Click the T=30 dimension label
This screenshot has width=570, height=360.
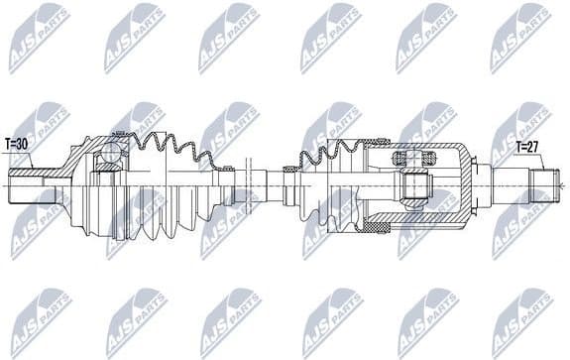click(x=18, y=143)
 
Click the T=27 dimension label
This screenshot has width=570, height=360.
click(x=528, y=148)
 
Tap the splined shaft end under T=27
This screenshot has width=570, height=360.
click(x=543, y=184)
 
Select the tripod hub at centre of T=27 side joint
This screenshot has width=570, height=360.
click(x=413, y=184)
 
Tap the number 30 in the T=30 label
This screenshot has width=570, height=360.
click(x=24, y=143)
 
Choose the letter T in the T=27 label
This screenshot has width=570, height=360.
click(x=516, y=148)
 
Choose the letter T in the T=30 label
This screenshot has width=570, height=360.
click(x=7, y=143)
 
